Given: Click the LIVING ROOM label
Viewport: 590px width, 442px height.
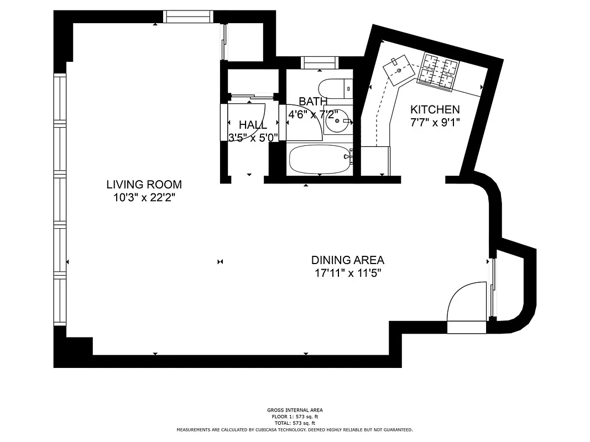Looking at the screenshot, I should [x=144, y=185].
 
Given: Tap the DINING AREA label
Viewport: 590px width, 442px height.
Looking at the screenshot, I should [x=347, y=260].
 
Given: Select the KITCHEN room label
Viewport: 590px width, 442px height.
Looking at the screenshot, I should [x=434, y=109].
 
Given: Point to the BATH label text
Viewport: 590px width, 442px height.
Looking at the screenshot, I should [x=313, y=101].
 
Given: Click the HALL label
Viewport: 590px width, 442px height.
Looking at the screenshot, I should [x=253, y=125].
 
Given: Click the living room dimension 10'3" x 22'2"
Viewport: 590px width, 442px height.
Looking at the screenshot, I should [x=144, y=197].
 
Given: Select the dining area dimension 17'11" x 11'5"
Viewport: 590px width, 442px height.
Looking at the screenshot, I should [x=347, y=272].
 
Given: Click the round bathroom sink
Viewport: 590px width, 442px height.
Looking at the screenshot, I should [x=337, y=122].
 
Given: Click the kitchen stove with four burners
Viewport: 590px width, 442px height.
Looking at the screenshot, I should [x=441, y=70].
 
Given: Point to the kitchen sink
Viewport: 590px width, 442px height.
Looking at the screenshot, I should [x=401, y=69].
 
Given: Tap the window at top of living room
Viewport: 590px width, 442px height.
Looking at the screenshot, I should [x=188, y=17].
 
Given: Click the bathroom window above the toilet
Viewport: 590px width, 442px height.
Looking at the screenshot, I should [x=319, y=62].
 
